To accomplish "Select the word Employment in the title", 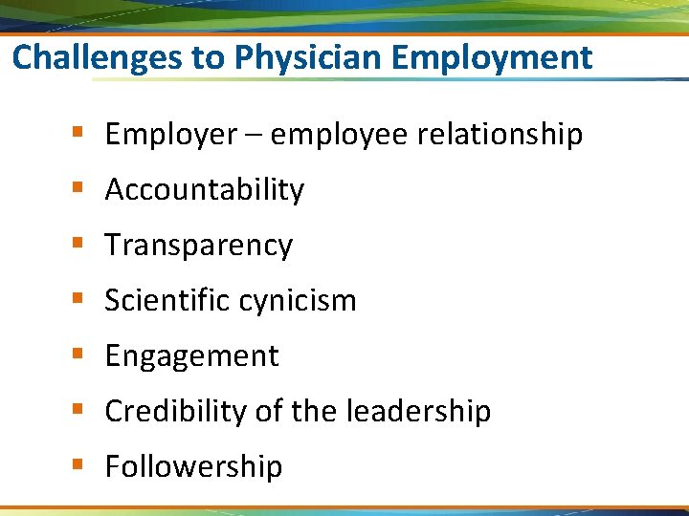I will (x=492, y=58).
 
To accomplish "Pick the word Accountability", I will (x=204, y=190).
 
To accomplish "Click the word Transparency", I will (x=198, y=246).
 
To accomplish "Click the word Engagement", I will (x=191, y=356).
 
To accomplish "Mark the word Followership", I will (x=193, y=467).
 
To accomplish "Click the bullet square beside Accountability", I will (x=76, y=189).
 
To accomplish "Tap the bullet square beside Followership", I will (x=76, y=466).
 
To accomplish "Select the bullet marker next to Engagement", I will (x=76, y=355).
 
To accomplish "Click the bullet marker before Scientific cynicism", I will (x=76, y=300).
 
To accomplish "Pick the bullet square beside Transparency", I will (x=76, y=245).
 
